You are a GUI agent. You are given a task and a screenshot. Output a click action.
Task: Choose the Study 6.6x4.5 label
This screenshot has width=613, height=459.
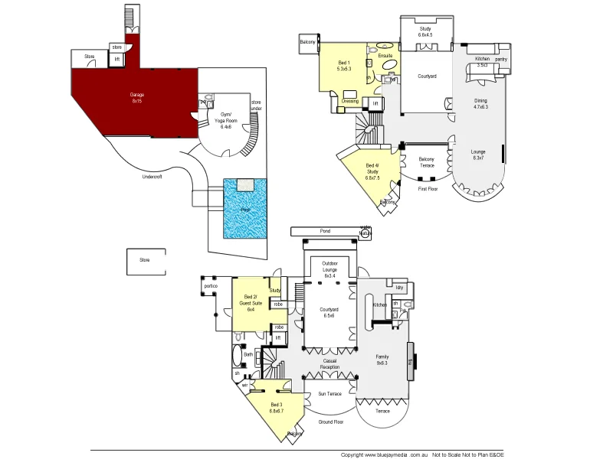425,32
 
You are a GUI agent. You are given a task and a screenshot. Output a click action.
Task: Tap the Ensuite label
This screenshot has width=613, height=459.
385,56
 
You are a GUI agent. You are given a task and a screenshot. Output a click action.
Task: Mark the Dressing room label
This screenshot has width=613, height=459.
350,101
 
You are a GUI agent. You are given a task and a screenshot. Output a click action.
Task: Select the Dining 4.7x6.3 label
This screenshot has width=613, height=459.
480,105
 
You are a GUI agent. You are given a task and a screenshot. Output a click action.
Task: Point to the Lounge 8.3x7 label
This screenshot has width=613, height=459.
478,155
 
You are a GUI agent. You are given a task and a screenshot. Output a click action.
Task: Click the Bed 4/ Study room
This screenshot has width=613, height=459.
372,172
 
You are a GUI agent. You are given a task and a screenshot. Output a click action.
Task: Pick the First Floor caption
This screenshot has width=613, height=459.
427,188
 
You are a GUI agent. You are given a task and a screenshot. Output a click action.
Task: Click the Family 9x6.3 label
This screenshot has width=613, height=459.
382,360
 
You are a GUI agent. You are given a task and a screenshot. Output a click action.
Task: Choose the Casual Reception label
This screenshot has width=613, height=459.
329,364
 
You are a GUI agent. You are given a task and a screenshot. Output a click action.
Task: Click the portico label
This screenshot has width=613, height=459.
211,286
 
